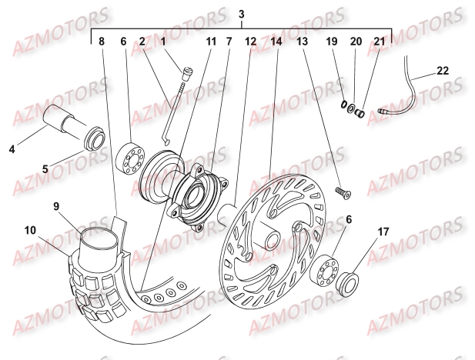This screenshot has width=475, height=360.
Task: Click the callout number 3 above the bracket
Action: tap(242, 15)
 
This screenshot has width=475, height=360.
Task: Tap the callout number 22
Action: tap(441, 69)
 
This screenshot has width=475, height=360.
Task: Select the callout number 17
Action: tap(383, 231)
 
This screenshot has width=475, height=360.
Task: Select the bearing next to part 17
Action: tap(329, 270)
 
